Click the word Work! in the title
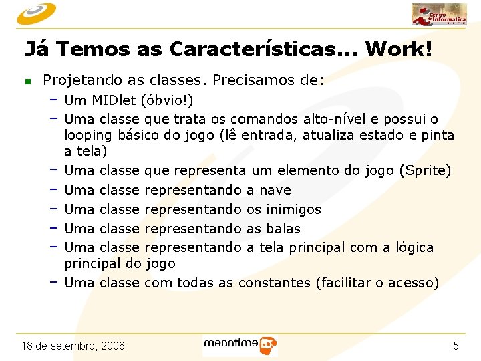[399, 49]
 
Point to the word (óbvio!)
[167, 101]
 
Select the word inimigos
[293, 209]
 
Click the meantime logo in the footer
[240, 345]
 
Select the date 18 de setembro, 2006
[73, 346]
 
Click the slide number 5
[456, 346]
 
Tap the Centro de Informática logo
[439, 15]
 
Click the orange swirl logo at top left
[36, 13]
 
